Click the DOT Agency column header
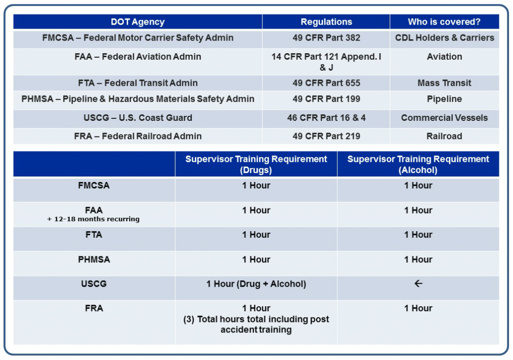tap(137, 22)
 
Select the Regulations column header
tap(326, 22)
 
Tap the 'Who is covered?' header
tap(444, 22)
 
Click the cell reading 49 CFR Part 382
tap(326, 38)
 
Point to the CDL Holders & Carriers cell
tap(444, 38)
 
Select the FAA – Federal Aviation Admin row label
tap(138, 57)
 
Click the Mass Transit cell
tap(444, 83)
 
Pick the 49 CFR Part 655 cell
tap(326, 83)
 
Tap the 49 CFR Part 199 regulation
tap(326, 99)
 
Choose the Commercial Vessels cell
tap(444, 118)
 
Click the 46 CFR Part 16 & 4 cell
tap(326, 118)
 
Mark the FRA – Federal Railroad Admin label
tap(138, 136)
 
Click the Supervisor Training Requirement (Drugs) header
tap(256, 164)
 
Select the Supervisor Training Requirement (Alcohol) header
tap(418, 164)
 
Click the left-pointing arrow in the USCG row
tap(418, 284)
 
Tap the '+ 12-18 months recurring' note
tap(93, 219)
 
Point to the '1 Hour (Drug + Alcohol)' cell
tap(256, 284)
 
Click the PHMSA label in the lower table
tap(94, 259)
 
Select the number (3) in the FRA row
tap(189, 319)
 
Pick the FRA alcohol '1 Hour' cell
tap(418, 308)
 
